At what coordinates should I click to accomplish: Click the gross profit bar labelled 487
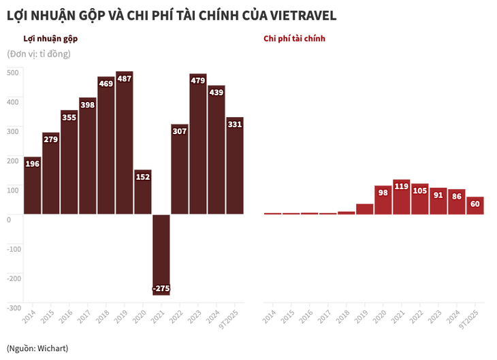pos(124,143)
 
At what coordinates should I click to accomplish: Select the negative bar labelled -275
pos(161,255)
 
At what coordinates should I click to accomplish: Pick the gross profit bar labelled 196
pos(33,185)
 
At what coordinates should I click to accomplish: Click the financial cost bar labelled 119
pos(401,197)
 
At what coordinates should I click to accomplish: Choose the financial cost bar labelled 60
pos(475,206)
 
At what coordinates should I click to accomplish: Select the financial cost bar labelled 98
pos(383,200)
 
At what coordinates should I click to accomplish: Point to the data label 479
pos(198,81)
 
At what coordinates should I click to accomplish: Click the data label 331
pos(235,124)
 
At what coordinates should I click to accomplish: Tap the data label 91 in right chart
pos(438,195)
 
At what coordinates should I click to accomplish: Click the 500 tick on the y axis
pos(14,72)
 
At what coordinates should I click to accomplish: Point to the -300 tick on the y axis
pos(14,308)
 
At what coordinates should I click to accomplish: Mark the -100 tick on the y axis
pos(14,248)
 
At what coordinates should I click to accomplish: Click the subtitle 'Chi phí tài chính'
pos(294,39)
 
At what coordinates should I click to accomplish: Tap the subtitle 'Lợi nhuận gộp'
pos(51,39)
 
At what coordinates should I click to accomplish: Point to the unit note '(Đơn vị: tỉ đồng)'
pos(39,54)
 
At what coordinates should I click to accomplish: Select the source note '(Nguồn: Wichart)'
pos(37,348)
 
